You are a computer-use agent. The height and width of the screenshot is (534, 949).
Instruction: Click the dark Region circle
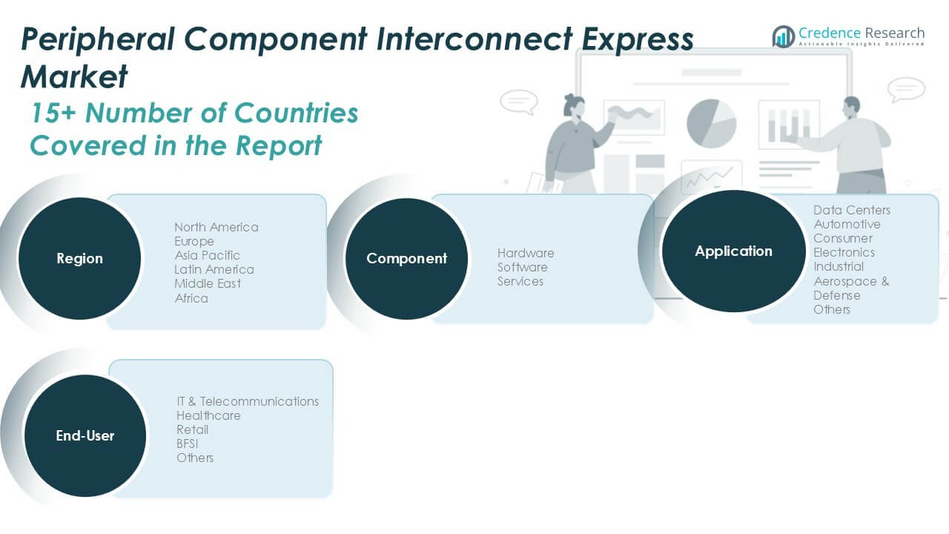[x=79, y=259]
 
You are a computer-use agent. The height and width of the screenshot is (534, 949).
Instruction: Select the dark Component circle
[x=406, y=259]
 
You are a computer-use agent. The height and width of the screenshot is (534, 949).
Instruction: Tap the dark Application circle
[x=733, y=251]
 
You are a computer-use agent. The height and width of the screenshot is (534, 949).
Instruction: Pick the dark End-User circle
[x=85, y=436]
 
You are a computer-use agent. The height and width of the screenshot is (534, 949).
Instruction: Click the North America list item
[x=216, y=227]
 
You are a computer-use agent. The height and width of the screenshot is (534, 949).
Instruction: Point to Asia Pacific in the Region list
[x=207, y=255]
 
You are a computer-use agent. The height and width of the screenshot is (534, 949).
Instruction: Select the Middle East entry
[x=208, y=283]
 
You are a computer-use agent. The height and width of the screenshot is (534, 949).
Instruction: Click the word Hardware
[x=526, y=253]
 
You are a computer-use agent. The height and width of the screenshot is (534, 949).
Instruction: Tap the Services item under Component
[x=520, y=281]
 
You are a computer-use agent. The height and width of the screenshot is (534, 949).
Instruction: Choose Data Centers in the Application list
[x=852, y=210]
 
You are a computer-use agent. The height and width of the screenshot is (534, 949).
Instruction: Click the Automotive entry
[x=847, y=224]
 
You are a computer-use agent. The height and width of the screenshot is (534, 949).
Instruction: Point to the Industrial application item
[x=839, y=266]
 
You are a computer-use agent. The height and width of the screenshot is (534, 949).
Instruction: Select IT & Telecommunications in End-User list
[x=248, y=401]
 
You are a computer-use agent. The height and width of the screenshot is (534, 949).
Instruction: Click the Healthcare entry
[x=208, y=415]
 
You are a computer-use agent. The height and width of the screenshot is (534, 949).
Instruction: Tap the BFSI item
[x=188, y=444]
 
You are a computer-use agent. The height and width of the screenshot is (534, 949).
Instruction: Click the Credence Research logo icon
[x=783, y=36]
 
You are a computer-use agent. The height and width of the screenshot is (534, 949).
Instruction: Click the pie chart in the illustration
[x=711, y=122]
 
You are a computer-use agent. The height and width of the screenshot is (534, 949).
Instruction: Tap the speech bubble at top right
[x=906, y=89]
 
